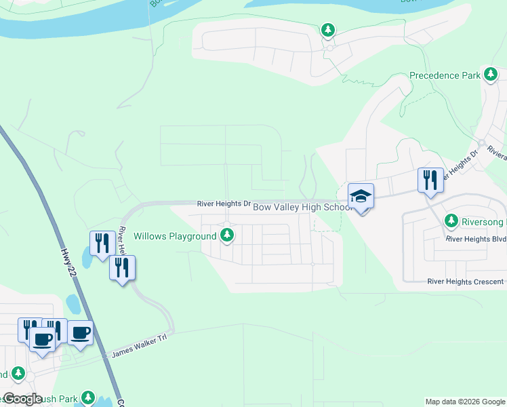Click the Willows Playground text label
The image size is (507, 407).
point(175,236)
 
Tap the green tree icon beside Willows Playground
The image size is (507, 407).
point(228,236)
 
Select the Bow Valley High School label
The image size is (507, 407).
point(302,207)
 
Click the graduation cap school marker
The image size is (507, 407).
point(361,197)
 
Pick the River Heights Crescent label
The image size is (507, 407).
point(466,282)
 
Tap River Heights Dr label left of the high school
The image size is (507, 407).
point(224,203)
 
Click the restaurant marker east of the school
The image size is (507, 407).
point(430,180)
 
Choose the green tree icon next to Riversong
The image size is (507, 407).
point(451,221)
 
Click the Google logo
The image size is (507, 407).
point(22,399)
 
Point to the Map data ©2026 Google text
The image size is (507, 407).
point(465,402)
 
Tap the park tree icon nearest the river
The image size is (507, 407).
point(328,30)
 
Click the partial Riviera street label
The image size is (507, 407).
point(496,153)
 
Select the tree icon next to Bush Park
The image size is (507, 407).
point(87,397)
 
